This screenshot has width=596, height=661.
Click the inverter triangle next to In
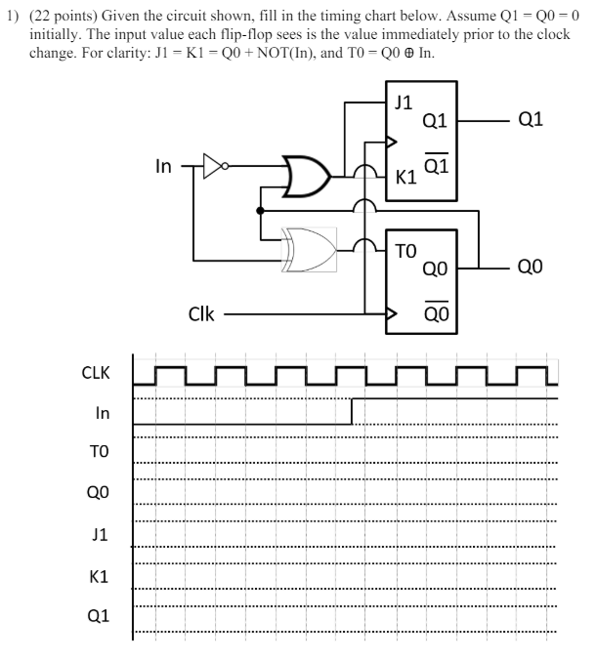212,166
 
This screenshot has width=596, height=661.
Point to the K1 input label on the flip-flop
404,178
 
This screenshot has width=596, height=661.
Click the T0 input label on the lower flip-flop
404,250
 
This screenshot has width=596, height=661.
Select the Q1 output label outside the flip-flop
532,120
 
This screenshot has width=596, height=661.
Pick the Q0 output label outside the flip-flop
532,267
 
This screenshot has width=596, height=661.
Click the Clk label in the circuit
201,314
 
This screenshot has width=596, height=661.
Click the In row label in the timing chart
102,413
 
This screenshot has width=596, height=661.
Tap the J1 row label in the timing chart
99,535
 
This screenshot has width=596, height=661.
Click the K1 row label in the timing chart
99,576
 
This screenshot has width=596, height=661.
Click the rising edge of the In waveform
352,411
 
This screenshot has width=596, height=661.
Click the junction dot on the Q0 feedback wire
260,210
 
